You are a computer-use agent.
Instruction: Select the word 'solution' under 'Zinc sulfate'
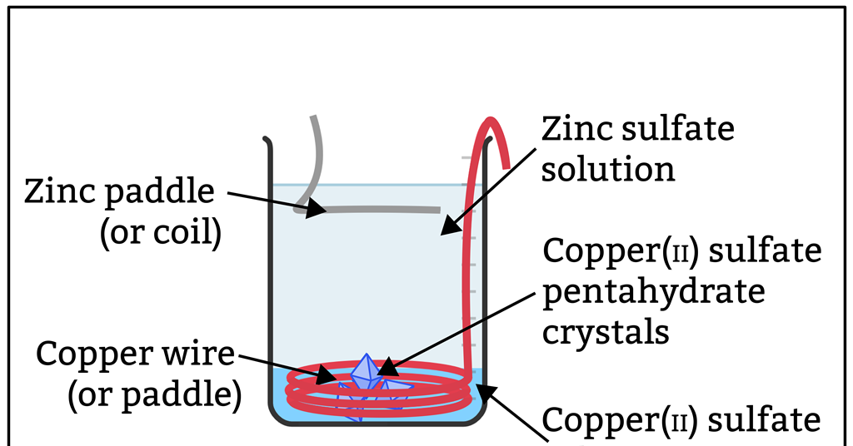pyautogui.click(x=608, y=169)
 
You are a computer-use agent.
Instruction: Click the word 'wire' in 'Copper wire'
pyautogui.click(x=197, y=355)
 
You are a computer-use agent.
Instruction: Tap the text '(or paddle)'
pyautogui.click(x=154, y=394)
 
